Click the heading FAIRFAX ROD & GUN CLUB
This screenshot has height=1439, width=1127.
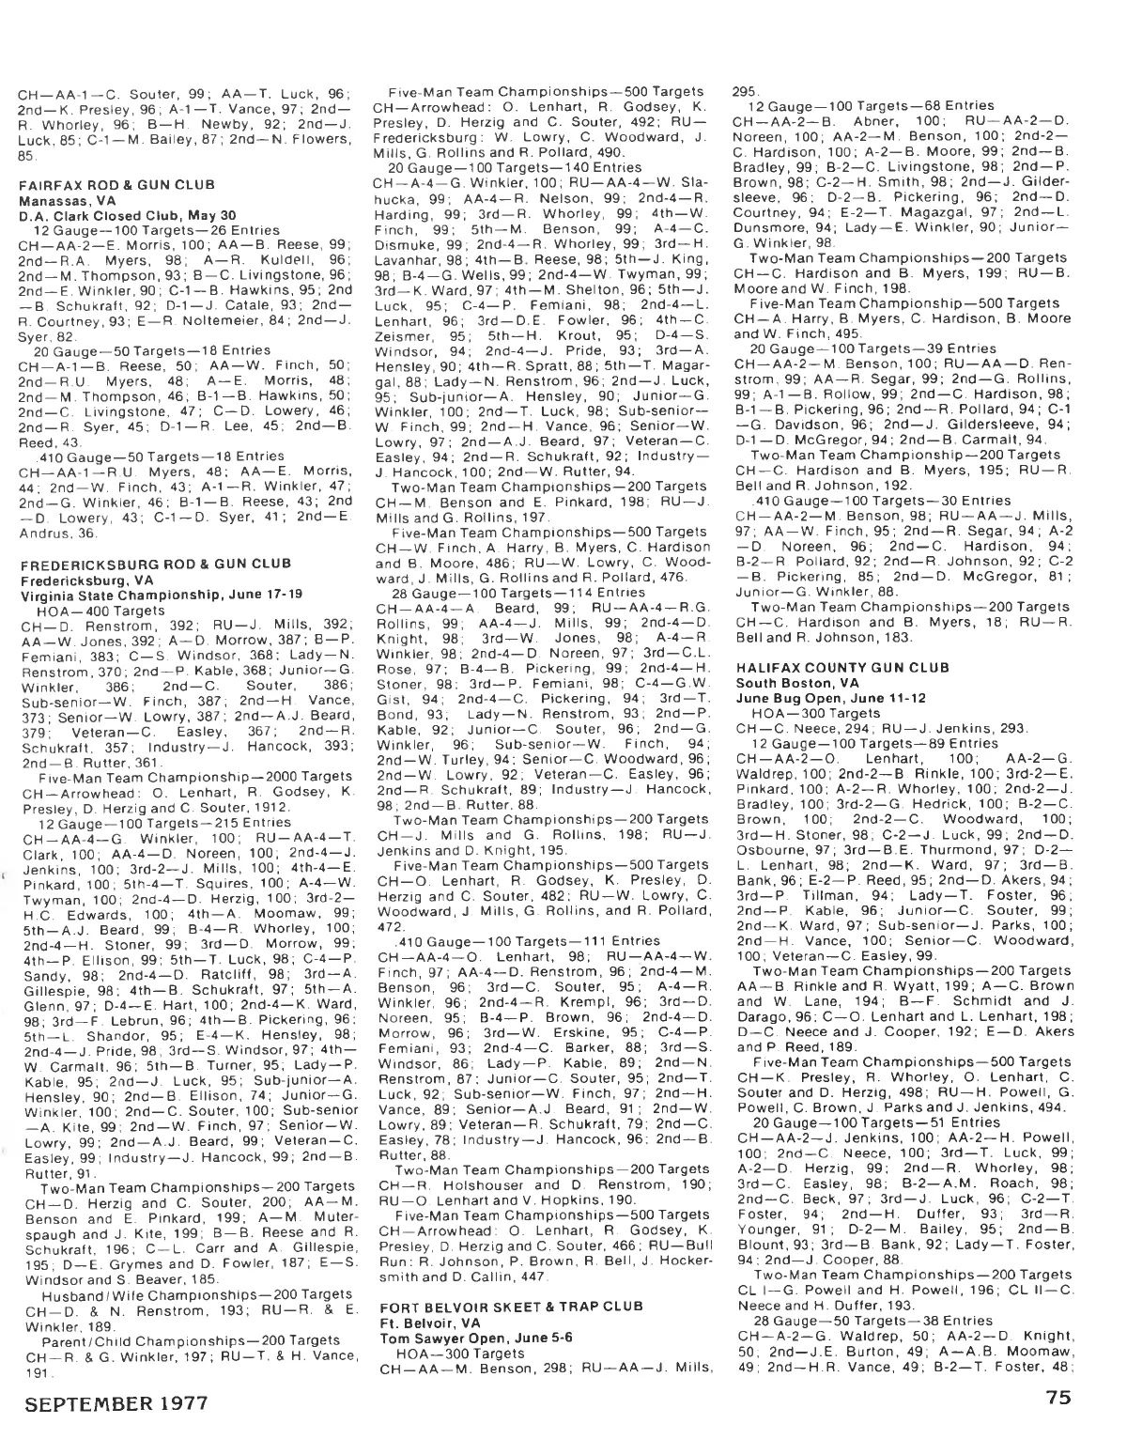pos(116,185)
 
